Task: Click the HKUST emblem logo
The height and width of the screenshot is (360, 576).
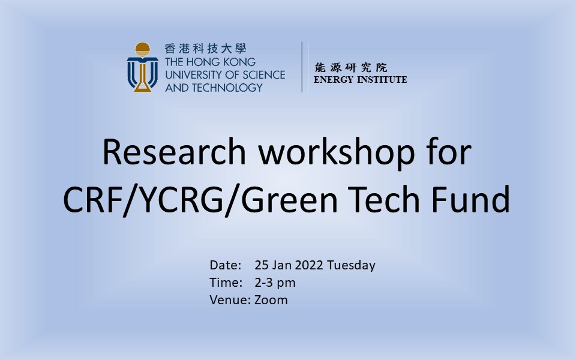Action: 143,67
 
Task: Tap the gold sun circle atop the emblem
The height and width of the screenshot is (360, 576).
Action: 143,49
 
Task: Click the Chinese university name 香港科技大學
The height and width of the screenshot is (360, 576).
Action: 205,49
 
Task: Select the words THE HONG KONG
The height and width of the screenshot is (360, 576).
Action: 210,62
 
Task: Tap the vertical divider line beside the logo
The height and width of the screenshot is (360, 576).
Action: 302,67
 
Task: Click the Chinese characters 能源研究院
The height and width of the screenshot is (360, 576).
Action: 351,67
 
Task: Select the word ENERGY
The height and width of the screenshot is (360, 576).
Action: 334,80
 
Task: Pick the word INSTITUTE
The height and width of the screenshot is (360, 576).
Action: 382,80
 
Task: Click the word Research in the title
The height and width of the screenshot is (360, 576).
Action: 174,152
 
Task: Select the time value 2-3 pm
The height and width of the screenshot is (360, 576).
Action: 275,283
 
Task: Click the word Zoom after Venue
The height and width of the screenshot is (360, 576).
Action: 271,300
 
